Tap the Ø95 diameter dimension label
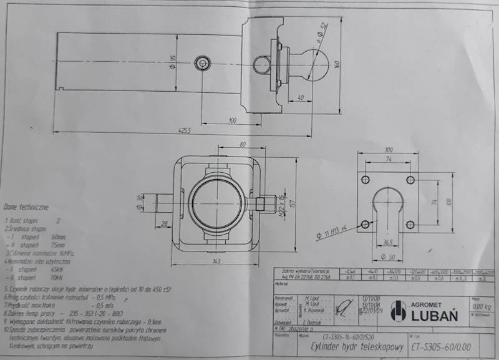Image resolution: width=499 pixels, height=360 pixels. pos(171,62)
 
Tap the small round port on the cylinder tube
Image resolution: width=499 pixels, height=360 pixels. pos(202,64)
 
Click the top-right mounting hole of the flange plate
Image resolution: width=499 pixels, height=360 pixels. pos(409,180)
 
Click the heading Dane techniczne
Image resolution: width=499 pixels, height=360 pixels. pos(26,205)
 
